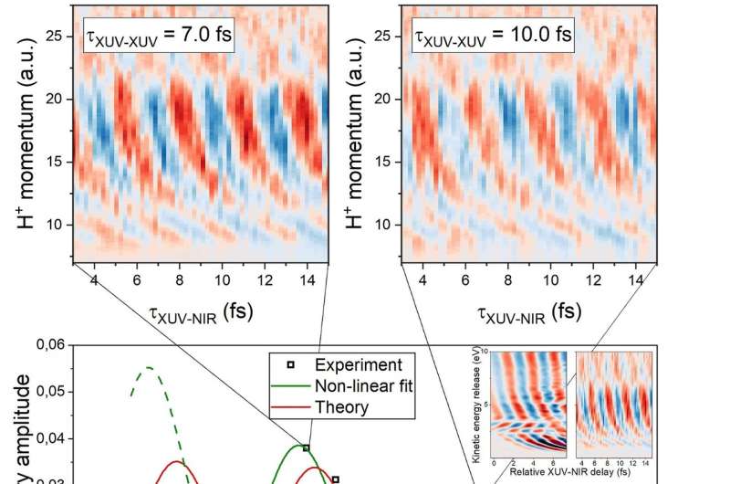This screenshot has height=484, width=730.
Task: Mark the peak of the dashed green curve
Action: [x=147, y=367]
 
